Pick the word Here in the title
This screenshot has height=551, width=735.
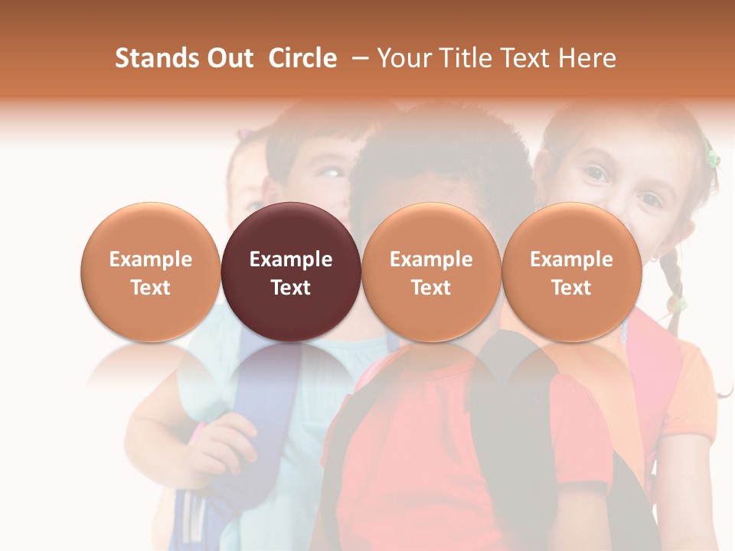[587, 58]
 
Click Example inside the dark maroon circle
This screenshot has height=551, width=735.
[291, 259]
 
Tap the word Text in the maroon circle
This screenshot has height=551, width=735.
[291, 288]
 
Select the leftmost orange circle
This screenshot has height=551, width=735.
[150, 272]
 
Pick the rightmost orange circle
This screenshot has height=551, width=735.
[571, 272]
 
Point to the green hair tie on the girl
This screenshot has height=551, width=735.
[712, 158]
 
